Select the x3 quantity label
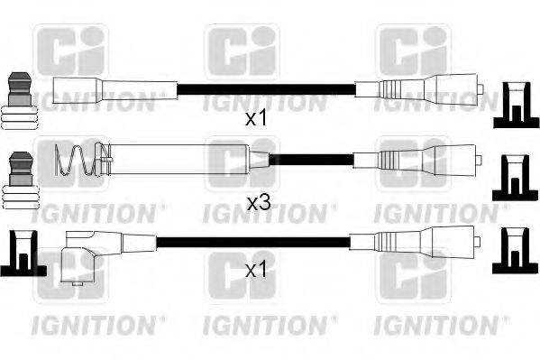[x=259, y=204]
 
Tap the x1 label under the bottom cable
[x=259, y=269]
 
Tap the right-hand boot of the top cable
[x=424, y=90]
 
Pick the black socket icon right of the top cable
[x=514, y=104]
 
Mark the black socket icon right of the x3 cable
[x=514, y=178]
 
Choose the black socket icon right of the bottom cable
[x=514, y=253]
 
